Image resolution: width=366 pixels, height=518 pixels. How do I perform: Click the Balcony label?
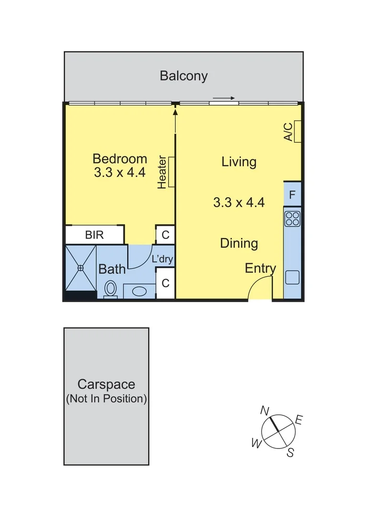[183, 76]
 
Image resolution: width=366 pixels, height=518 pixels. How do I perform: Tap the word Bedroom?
[119, 159]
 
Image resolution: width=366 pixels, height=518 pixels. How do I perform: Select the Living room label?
[239, 162]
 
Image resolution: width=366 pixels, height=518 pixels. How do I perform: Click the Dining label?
[239, 243]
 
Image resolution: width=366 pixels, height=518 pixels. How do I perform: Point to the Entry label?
[260, 268]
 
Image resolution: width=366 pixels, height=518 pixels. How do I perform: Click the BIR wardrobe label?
[94, 235]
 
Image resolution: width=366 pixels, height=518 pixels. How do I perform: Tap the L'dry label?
[162, 259]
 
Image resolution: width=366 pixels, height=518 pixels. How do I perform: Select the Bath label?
[112, 269]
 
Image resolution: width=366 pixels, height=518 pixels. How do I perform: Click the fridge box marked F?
[292, 195]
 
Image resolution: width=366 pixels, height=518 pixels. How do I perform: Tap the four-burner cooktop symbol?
[292, 219]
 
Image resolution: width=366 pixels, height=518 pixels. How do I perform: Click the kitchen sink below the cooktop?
[292, 278]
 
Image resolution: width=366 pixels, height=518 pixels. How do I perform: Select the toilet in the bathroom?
[111, 289]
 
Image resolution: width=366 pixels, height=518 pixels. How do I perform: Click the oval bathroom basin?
[139, 291]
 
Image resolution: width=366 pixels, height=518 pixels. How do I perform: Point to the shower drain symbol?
[80, 268]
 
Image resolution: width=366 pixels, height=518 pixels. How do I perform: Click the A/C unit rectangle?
[297, 131]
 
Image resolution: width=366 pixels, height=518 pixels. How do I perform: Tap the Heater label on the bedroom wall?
[162, 172]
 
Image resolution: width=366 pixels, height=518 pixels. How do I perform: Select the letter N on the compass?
[264, 411]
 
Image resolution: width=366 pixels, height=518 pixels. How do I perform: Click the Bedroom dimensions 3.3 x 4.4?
[119, 173]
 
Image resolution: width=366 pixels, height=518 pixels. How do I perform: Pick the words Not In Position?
[106, 399]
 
